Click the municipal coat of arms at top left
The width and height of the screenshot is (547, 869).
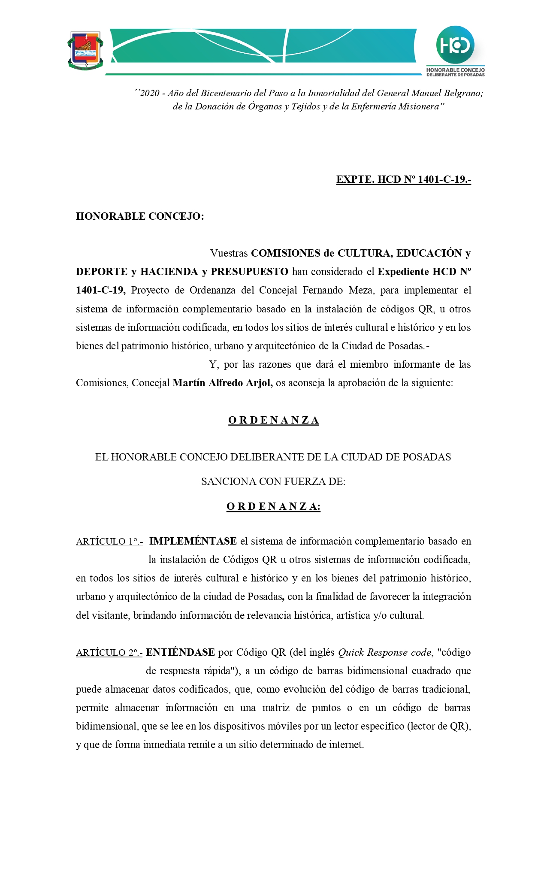(x=85, y=51)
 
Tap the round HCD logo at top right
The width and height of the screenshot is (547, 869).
(x=455, y=45)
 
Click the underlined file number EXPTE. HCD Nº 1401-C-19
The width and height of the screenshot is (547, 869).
(x=403, y=179)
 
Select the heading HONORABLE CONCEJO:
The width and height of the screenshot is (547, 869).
(x=140, y=216)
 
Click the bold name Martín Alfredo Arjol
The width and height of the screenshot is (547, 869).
(x=222, y=383)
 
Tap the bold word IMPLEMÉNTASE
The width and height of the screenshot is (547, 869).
(x=193, y=541)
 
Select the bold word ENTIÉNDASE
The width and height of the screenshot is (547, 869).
(x=180, y=652)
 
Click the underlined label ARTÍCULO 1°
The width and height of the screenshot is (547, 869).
(x=109, y=542)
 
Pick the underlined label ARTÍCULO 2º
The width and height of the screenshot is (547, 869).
(x=109, y=653)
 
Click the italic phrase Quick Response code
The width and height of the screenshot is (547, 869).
(x=384, y=652)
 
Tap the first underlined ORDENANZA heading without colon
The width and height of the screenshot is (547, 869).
(x=273, y=420)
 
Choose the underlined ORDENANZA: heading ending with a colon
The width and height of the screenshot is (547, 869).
(x=273, y=507)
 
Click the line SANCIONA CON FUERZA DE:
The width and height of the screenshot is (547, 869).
(x=273, y=481)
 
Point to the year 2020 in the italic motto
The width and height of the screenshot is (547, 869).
(x=150, y=93)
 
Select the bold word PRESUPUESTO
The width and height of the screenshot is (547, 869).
(x=249, y=272)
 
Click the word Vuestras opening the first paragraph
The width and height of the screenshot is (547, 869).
(x=229, y=253)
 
